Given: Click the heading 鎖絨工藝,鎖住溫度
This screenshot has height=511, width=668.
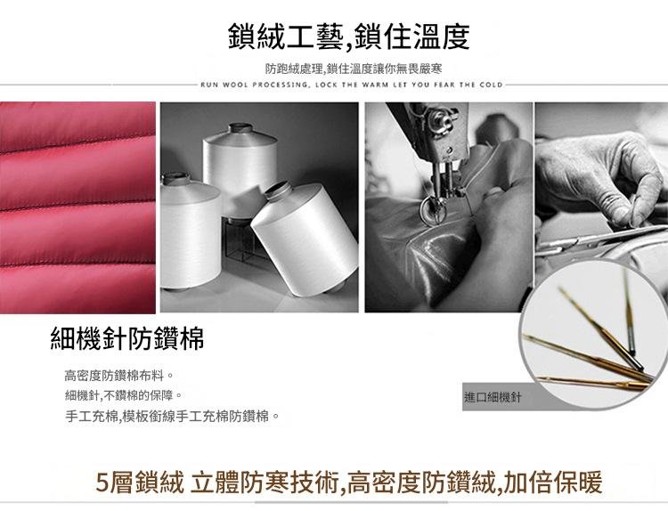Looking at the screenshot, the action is click(348, 36).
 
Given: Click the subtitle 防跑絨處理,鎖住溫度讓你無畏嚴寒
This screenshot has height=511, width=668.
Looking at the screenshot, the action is click(354, 69).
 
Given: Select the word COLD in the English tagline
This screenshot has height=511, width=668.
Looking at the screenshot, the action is click(491, 85).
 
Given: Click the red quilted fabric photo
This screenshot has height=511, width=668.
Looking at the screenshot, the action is click(77, 207).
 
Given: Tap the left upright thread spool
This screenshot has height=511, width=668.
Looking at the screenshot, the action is click(190, 231).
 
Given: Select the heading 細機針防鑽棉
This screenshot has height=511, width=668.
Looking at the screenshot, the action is click(127, 339).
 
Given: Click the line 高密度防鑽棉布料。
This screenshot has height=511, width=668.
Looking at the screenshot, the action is click(118, 376).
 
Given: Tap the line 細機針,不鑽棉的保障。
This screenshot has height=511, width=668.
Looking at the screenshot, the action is click(124, 395).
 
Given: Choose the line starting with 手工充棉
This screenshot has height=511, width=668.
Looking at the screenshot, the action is click(172, 416).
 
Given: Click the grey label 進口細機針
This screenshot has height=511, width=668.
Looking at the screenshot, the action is click(493, 398).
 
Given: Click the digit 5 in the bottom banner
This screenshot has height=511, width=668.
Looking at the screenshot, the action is click(102, 483).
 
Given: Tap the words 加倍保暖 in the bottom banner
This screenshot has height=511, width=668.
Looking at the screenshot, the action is click(553, 483).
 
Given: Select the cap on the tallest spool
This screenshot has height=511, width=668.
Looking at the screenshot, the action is click(240, 128).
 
